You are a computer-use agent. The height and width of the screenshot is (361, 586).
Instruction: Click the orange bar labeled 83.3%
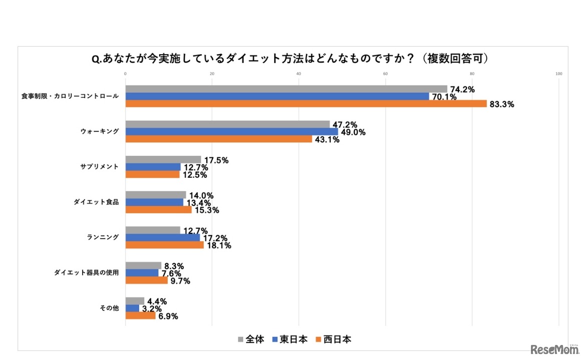[305, 104]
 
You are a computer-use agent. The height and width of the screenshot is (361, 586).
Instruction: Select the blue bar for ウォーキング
[231, 132]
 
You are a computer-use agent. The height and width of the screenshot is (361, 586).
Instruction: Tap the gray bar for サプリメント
[163, 160]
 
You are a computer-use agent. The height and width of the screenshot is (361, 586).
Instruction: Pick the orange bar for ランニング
[164, 245]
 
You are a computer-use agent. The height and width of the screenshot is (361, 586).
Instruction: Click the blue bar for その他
[132, 308]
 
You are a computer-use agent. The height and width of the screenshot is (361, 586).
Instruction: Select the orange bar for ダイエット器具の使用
[146, 280]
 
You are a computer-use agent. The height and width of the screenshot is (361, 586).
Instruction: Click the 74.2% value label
[461, 90]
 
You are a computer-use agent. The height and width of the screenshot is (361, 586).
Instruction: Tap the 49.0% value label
[353, 132]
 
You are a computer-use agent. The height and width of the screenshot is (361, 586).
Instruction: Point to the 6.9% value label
[167, 316]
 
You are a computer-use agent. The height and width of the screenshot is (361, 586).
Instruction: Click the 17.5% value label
[216, 160]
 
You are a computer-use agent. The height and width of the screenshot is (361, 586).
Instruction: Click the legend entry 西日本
[334, 339]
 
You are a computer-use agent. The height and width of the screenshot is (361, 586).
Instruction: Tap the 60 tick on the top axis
[385, 75]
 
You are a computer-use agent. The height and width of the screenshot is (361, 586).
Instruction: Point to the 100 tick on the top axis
[559, 75]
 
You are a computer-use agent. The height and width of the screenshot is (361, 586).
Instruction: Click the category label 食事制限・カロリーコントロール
[70, 96]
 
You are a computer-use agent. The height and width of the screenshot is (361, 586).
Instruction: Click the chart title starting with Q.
[290, 59]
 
